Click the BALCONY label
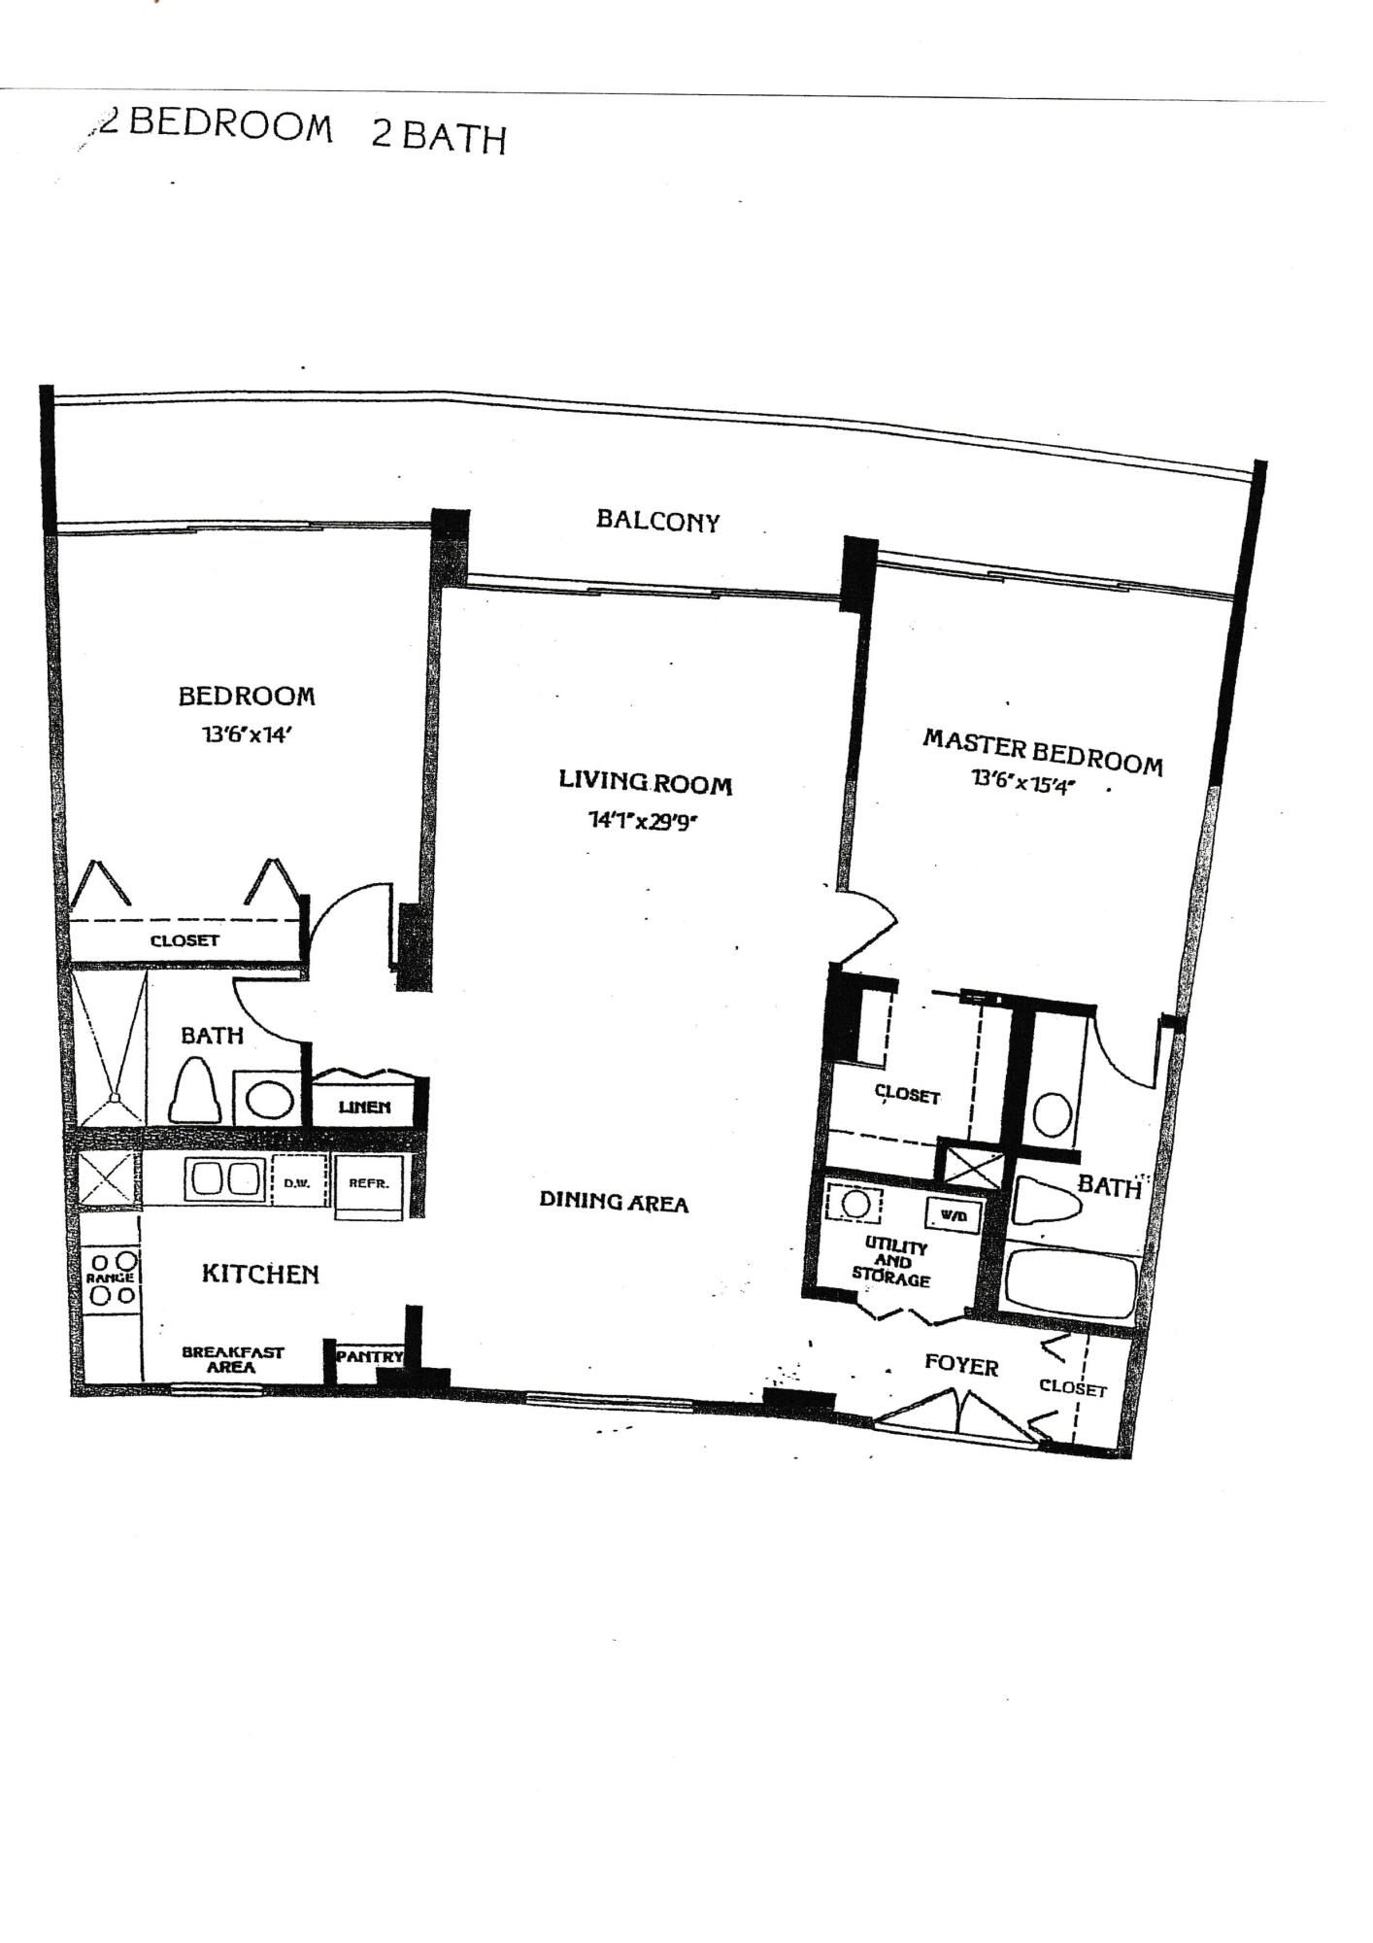[657, 521]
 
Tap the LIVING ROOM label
[645, 782]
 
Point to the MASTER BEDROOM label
[1042, 752]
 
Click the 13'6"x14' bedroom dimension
[247, 735]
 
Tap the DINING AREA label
[614, 1202]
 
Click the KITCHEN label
[260, 1274]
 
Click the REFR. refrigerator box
[369, 1184]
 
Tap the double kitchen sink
[225, 1179]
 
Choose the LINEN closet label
[364, 1107]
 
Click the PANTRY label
[369, 1356]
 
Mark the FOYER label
[961, 1366]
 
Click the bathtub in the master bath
[1071, 1283]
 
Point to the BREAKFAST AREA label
[233, 1359]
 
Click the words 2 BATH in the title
[439, 136]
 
